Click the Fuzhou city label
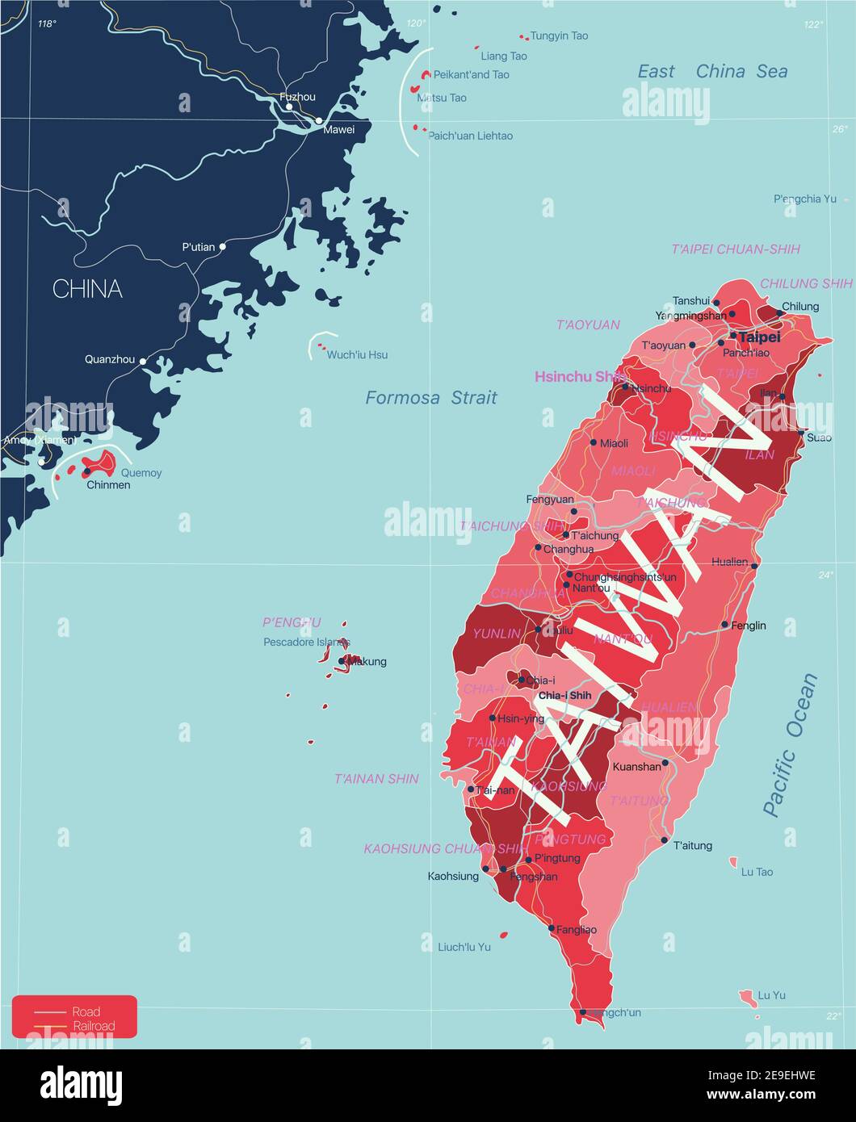pos(297,97)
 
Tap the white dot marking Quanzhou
pos(143,361)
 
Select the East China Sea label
pos(712,71)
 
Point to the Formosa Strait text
pos(431,397)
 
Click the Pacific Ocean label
pos(790,744)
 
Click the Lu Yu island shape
pos(748,998)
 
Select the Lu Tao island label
pos(757,872)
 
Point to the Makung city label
pos(367,662)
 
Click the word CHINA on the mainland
pos(87,289)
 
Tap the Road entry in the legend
pos(86,1011)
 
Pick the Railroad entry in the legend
pos(94,1026)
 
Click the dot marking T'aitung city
pos(664,840)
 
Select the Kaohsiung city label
pos(453,876)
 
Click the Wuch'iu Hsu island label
pos(357,354)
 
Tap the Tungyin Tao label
pos(559,36)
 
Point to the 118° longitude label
pos(47,24)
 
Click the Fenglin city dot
pos(725,625)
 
